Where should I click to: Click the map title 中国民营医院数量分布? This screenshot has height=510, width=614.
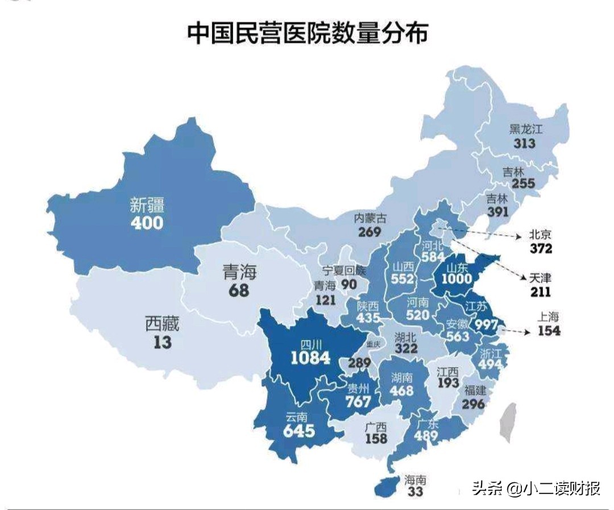point(307,34)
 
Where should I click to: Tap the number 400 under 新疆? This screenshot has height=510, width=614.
point(147,222)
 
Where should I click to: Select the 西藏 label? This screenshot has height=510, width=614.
point(162,324)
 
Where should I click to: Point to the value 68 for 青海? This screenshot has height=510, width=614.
point(239,290)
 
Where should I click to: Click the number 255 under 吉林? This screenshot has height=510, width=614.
point(523,183)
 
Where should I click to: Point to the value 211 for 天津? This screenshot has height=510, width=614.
point(541,293)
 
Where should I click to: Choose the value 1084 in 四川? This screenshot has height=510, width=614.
point(310,358)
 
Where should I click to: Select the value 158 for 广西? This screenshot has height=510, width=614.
point(376,438)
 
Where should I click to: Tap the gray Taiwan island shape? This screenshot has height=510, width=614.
point(508,421)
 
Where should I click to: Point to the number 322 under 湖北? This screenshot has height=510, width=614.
point(405,350)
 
